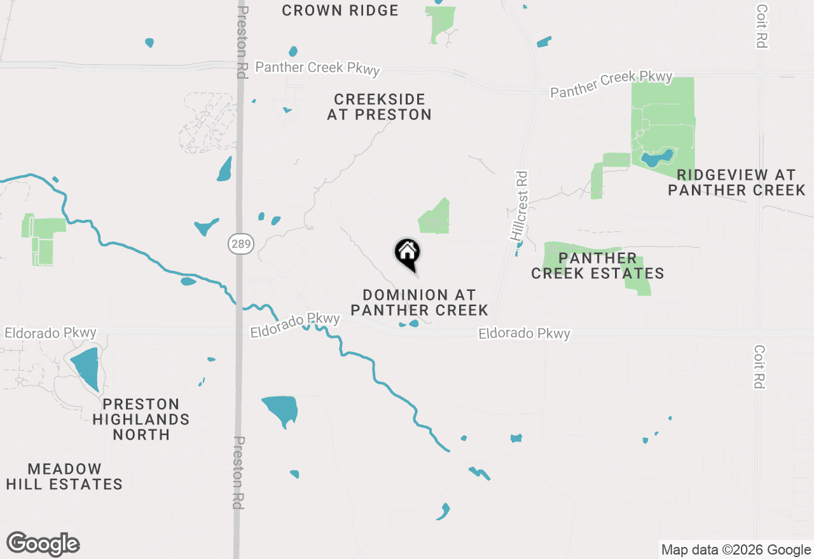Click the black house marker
(407, 253)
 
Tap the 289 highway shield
(242, 244)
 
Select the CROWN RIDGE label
(340, 11)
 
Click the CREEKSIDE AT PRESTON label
(379, 107)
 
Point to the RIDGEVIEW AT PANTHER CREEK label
(736, 182)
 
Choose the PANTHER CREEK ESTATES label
(597, 266)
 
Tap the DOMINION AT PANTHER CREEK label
(419, 302)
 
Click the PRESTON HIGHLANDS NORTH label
(141, 419)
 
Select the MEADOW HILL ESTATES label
(64, 476)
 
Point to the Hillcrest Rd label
(520, 205)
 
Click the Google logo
(43, 544)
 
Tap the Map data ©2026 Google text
(736, 550)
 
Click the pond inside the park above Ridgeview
(657, 158)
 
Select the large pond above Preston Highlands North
(86, 367)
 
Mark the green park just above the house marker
(435, 217)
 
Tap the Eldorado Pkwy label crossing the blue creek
(294, 325)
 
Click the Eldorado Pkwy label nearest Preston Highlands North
(51, 333)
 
